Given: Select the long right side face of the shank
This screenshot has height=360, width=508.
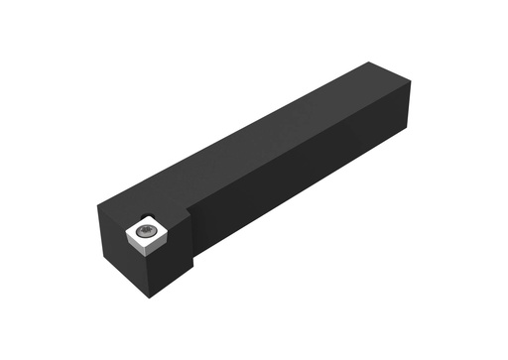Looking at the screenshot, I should [308, 188].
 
